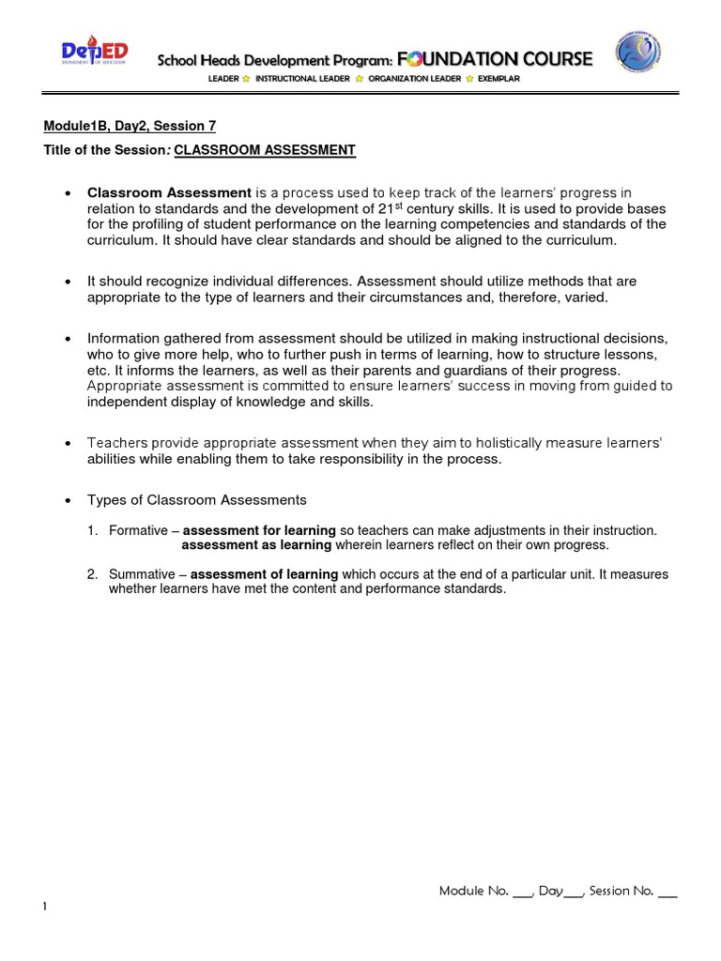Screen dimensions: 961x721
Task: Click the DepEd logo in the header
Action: point(95,56)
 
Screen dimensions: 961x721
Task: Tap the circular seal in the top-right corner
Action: point(637,54)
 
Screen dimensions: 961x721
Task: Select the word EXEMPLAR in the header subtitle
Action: point(499,80)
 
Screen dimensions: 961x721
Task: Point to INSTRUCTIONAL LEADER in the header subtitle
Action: point(302,80)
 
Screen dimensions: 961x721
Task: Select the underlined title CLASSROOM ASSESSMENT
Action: point(265,150)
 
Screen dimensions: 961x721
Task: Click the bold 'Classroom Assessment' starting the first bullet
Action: point(169,192)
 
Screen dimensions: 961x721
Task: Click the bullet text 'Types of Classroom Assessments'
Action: point(196,499)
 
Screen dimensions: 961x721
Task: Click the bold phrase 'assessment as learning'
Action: point(256,545)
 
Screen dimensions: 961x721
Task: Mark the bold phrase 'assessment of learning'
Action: point(264,574)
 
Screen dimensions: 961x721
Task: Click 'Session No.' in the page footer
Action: point(621,891)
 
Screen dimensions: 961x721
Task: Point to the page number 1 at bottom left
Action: point(44,907)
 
